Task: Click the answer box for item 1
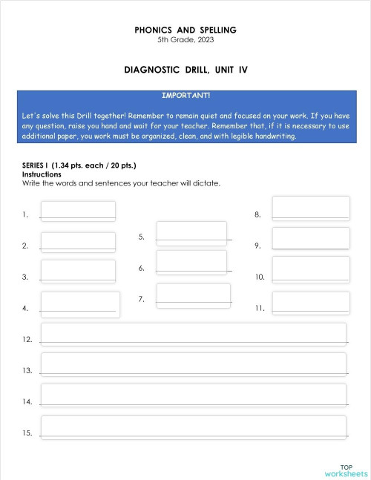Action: click(x=78, y=211)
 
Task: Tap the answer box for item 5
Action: click(x=191, y=233)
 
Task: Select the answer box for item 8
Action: click(x=310, y=208)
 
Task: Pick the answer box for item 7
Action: click(x=193, y=295)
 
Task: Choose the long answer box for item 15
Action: click(x=193, y=428)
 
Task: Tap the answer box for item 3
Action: click(x=78, y=272)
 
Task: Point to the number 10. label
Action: click(x=260, y=277)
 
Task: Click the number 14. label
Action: click(x=27, y=402)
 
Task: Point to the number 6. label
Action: click(x=141, y=268)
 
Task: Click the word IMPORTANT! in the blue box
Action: click(x=185, y=96)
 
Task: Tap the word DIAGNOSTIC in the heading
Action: click(x=151, y=69)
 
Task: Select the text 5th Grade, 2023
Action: click(x=185, y=39)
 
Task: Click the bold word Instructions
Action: click(x=42, y=174)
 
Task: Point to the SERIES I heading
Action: click(x=37, y=165)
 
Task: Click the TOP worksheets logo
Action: click(x=346, y=470)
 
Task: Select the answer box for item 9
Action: click(x=310, y=239)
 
